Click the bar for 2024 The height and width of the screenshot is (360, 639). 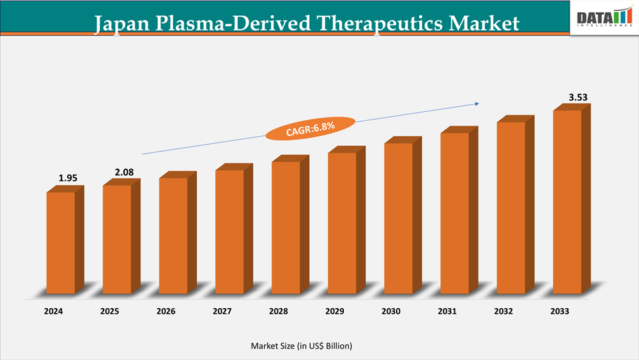point(61,243)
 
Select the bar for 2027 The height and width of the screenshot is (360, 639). point(229,231)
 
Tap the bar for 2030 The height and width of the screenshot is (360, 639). point(398,218)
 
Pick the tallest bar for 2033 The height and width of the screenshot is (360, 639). point(567,202)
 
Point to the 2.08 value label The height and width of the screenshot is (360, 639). point(124,172)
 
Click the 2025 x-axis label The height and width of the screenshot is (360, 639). point(111,311)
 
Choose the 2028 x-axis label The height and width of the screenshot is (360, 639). point(279,311)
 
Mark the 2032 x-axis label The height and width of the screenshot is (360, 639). point(504,311)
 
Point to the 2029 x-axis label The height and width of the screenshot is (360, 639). point(335,311)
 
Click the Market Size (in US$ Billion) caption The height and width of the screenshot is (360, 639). point(302,346)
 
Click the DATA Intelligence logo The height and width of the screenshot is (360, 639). point(604,18)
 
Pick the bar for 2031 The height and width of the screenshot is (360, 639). point(454,213)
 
